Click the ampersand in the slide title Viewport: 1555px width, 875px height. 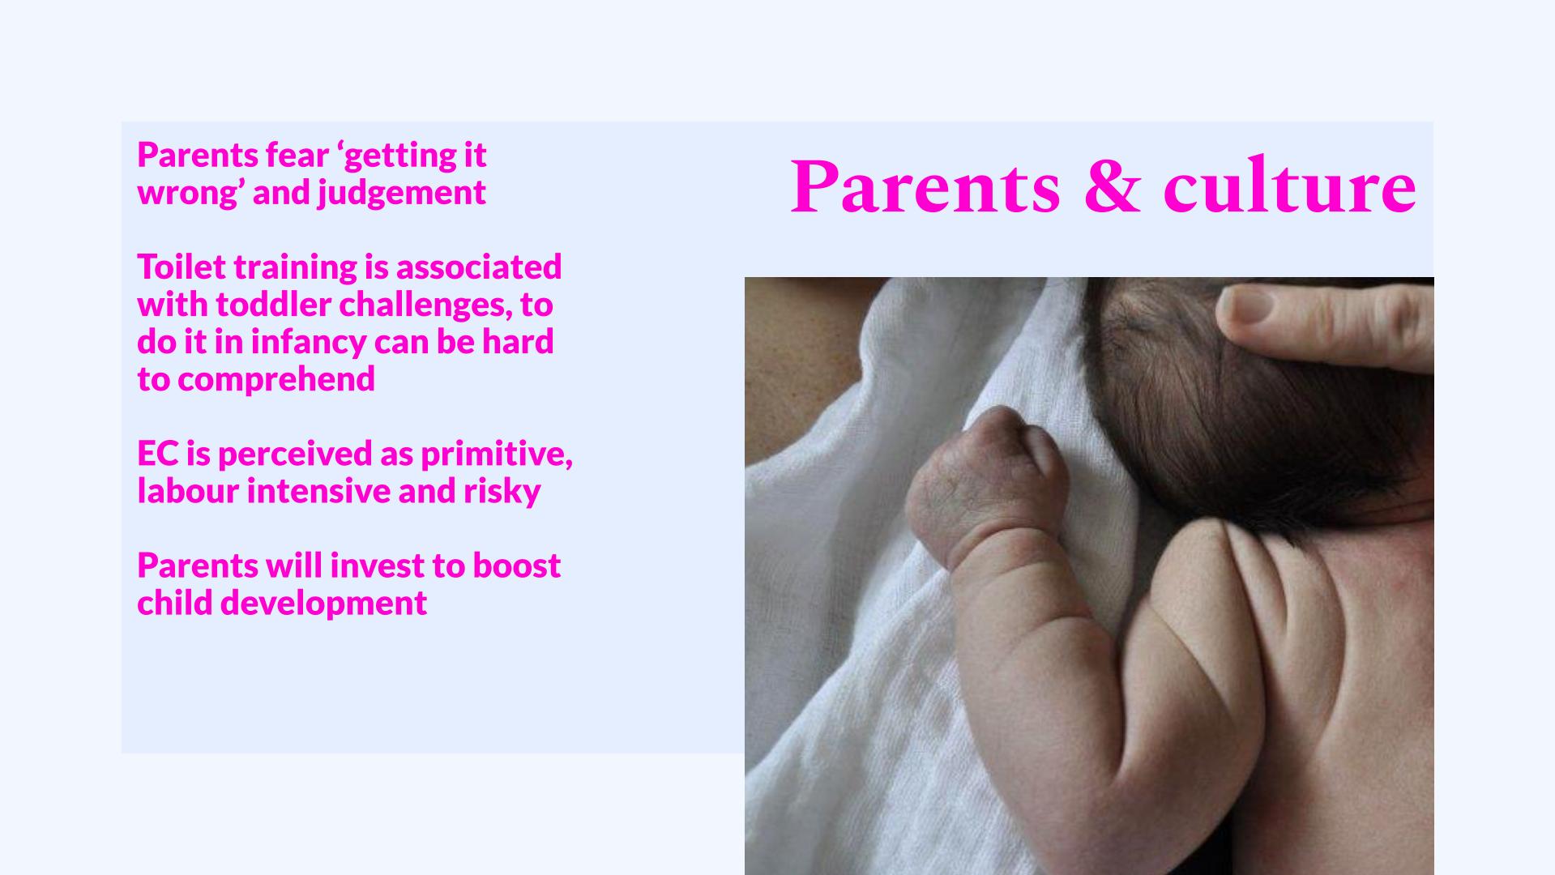click(x=1111, y=188)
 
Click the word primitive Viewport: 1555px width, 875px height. click(x=496, y=455)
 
